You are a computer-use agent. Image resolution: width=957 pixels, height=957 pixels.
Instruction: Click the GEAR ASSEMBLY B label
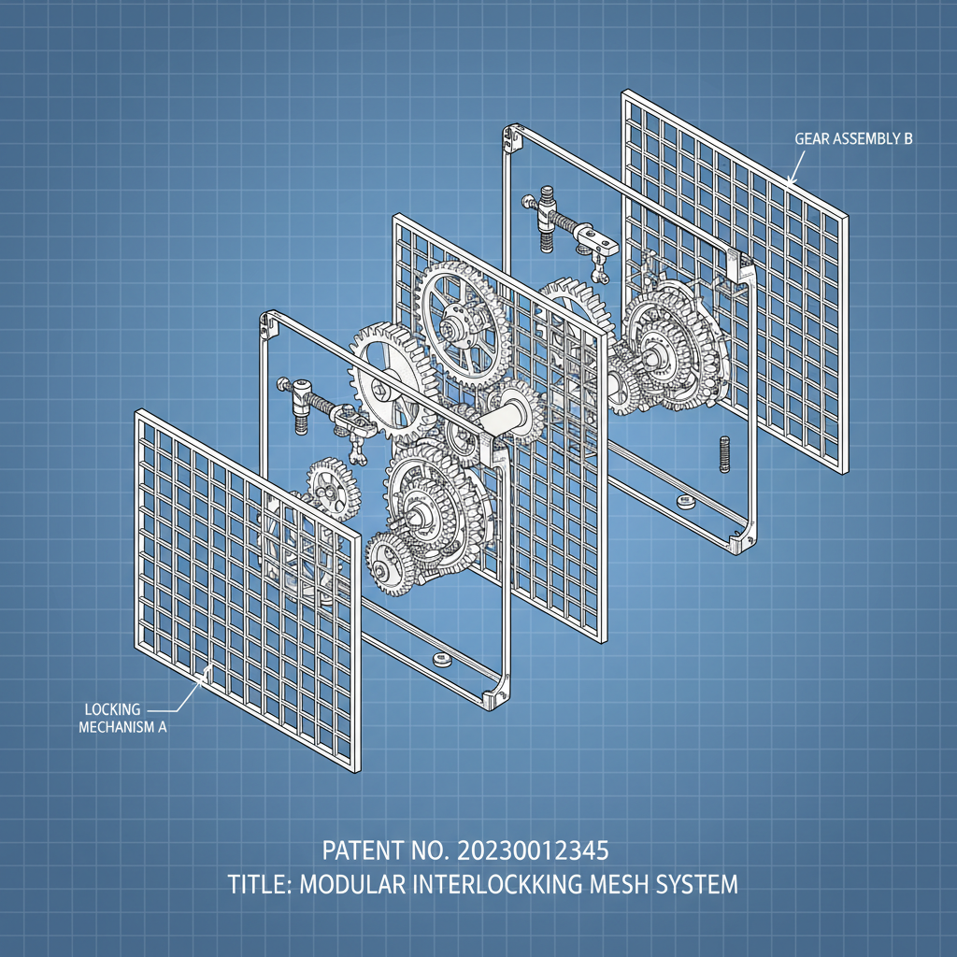(853, 138)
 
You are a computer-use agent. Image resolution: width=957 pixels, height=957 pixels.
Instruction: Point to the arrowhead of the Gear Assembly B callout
(789, 183)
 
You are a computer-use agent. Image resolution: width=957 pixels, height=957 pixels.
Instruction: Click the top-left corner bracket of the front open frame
(268, 324)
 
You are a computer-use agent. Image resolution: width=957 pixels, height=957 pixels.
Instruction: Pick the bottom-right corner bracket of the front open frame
(496, 696)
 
